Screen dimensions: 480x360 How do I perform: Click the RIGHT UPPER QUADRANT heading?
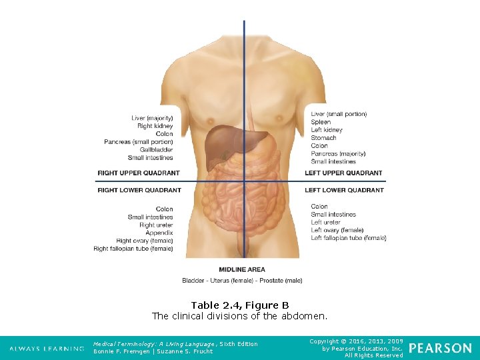(139, 173)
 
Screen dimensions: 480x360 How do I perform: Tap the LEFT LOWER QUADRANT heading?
(344, 190)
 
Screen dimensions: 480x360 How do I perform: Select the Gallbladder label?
(157, 150)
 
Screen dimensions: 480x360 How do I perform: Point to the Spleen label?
(321, 122)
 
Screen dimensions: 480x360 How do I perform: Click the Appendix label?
(159, 233)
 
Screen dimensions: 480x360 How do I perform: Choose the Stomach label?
(323, 138)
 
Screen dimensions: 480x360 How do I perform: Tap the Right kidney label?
(155, 126)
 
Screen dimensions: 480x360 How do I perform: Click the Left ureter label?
(325, 223)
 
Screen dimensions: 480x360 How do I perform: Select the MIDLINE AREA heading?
(242, 270)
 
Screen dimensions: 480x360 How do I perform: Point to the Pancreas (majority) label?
(338, 154)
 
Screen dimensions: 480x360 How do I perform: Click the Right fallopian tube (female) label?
(133, 249)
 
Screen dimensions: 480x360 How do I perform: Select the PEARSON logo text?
(440, 348)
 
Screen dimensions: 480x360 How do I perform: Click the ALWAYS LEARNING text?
(47, 349)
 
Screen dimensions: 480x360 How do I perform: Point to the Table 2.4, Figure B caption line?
(240, 305)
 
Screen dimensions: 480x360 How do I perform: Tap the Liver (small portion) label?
(339, 114)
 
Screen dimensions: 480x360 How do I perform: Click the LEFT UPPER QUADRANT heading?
(343, 173)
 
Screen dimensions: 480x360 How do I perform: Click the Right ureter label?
(156, 225)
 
